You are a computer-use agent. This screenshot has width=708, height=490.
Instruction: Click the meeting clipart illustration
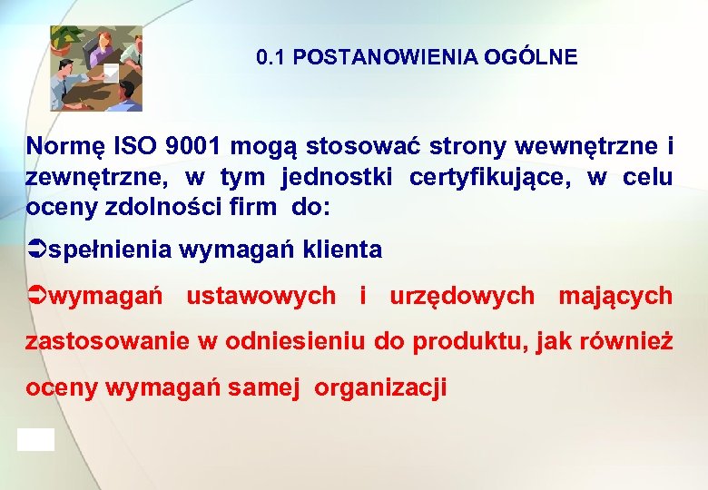coord(96,68)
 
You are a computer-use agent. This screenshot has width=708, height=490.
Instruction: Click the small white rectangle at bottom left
coord(35,439)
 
